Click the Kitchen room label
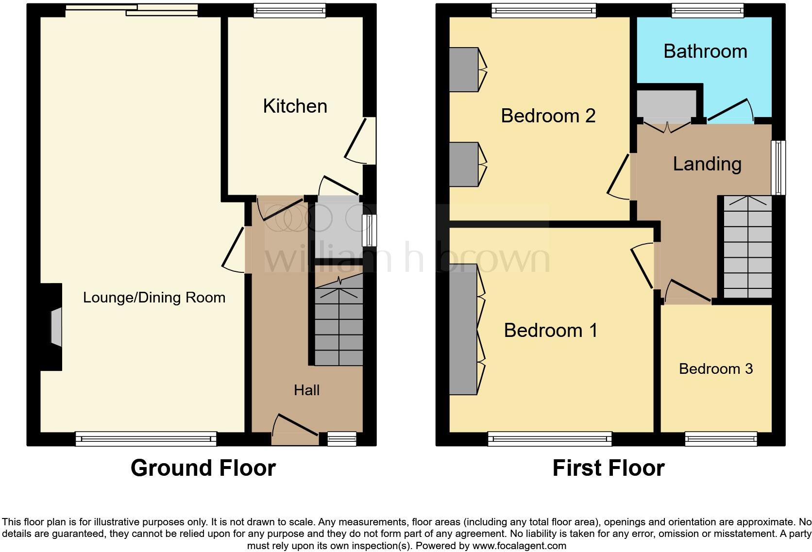[x=295, y=106]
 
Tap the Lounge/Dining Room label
[x=154, y=297]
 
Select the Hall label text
[x=306, y=390]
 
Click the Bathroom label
[x=705, y=51]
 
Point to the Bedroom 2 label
[x=548, y=116]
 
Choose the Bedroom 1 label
[x=550, y=330]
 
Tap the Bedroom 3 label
[x=715, y=368]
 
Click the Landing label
[x=707, y=164]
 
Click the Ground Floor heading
[x=203, y=468]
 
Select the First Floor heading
[x=608, y=468]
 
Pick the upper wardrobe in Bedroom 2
[x=464, y=69]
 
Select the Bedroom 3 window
[x=721, y=439]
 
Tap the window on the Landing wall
[x=778, y=168]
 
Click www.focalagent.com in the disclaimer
[x=519, y=545]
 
